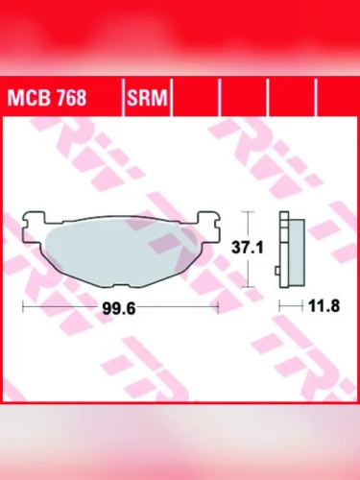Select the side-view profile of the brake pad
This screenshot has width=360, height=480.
[x=290, y=248]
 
